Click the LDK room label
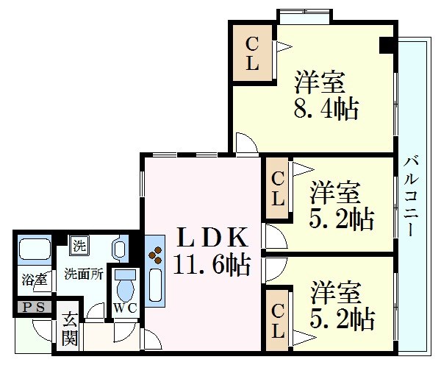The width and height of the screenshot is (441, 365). (212, 237)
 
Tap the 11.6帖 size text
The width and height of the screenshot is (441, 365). (212, 264)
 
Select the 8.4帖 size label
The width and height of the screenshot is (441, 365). (326, 109)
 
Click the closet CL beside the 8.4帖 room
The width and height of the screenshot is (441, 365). (252, 53)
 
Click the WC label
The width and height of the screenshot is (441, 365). (126, 308)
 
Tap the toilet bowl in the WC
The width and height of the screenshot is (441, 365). (126, 291)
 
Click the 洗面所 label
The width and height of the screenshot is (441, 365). (84, 274)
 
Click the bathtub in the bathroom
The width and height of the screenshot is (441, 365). (35, 249)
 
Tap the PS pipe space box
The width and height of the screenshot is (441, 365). (34, 308)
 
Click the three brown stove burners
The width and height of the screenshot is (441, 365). (156, 255)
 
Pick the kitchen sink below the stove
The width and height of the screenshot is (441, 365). (155, 286)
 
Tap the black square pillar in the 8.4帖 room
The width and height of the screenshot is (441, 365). (387, 45)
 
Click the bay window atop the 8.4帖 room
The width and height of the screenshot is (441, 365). (305, 17)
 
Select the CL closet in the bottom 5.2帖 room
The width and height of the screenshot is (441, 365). (277, 321)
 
